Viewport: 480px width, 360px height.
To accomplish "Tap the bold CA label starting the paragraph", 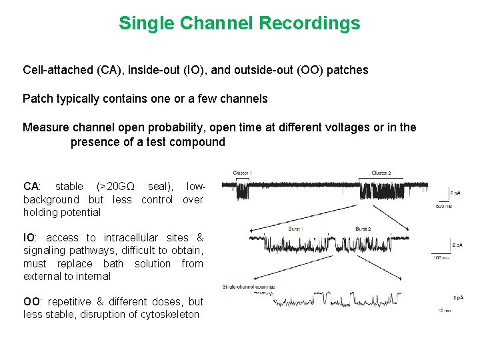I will click(31, 187).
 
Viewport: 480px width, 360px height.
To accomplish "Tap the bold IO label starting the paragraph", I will click(29, 238).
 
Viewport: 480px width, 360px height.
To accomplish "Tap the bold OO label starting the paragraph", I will click(32, 302).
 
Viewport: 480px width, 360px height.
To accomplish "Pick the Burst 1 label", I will click(295, 229).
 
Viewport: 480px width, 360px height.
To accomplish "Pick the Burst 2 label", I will click(363, 229).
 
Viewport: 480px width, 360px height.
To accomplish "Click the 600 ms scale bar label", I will click(443, 206).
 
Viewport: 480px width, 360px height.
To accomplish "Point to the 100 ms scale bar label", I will click(441, 257).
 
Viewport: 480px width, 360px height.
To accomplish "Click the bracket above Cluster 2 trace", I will click(393, 179).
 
